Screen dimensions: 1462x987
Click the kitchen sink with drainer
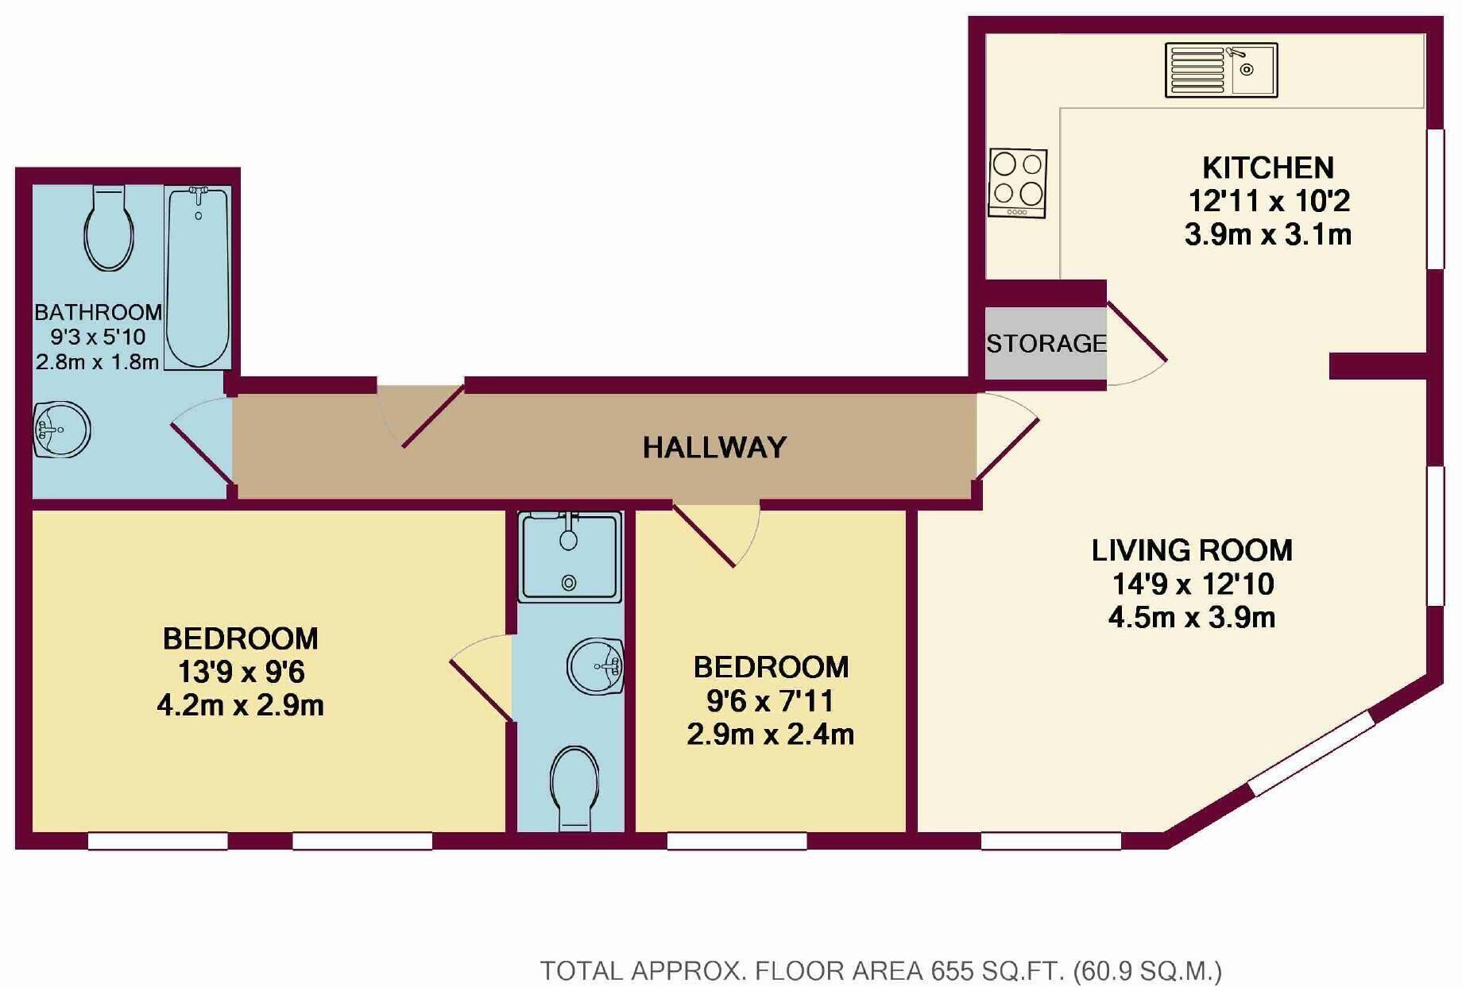(x=1221, y=70)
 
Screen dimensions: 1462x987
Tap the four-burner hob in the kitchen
(x=1018, y=183)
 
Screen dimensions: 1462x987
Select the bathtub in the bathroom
(x=198, y=277)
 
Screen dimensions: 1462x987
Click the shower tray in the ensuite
(x=570, y=557)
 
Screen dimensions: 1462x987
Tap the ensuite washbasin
(x=595, y=665)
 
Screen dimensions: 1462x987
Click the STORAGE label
(x=1046, y=344)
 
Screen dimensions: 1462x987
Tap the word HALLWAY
(x=714, y=448)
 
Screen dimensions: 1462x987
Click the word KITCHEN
(x=1268, y=168)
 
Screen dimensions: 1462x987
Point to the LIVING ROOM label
(x=1192, y=550)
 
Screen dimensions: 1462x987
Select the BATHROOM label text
(x=98, y=312)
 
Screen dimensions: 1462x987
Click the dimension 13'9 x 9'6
(x=241, y=673)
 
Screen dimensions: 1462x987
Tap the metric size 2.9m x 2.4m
(x=770, y=734)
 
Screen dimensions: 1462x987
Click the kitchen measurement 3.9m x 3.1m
(x=1268, y=235)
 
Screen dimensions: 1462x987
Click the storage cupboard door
(x=1137, y=333)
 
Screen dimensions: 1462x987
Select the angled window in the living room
(x=1312, y=753)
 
